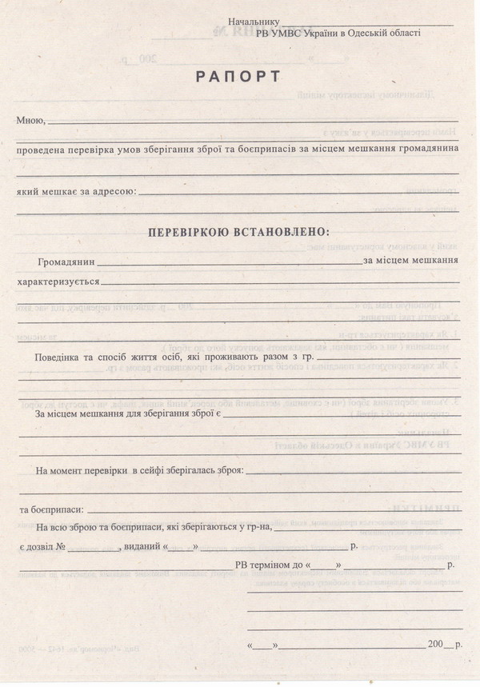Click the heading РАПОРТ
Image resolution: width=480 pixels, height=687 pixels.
click(238, 77)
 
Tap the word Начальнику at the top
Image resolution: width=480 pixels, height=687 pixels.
click(253, 22)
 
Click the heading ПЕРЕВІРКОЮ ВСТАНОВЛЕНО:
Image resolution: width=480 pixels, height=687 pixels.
click(238, 232)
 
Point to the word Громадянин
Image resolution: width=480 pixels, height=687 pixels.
click(66, 262)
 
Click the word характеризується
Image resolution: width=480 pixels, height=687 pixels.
click(58, 282)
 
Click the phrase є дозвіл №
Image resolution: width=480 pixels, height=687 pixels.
click(41, 546)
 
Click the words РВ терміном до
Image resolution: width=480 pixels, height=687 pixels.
click(268, 565)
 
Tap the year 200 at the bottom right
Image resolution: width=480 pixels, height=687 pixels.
click(435, 644)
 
